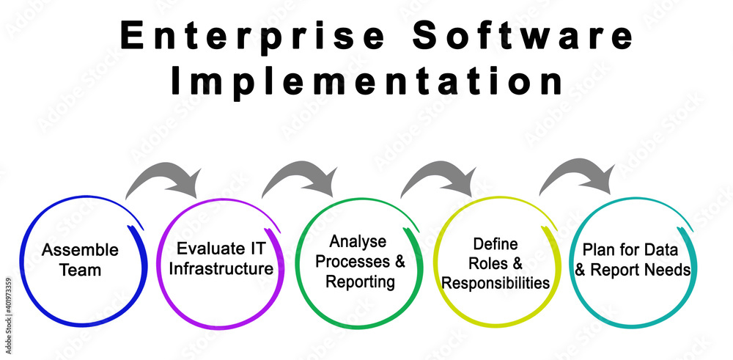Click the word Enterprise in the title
pos(252,36)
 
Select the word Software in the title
pos(523,35)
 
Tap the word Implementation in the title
pos(367,81)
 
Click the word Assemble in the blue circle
pos(80,250)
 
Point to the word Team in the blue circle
pos(80,270)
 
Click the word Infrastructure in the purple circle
pos(221,269)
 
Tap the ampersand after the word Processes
pos(399,262)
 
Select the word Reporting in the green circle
pos(360,282)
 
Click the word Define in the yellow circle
pos(496,244)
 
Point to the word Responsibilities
pos(496,283)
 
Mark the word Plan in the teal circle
pos(598,250)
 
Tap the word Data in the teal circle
pos(660,250)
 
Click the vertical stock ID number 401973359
pos(8,303)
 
